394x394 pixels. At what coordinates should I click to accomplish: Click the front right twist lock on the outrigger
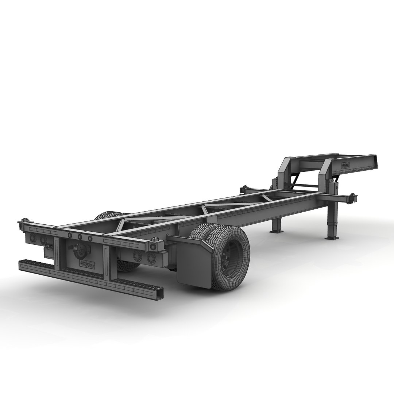pos(353,197)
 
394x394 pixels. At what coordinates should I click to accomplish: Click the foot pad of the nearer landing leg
pos(331,238)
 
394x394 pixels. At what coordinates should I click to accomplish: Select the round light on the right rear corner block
pos(151,258)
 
